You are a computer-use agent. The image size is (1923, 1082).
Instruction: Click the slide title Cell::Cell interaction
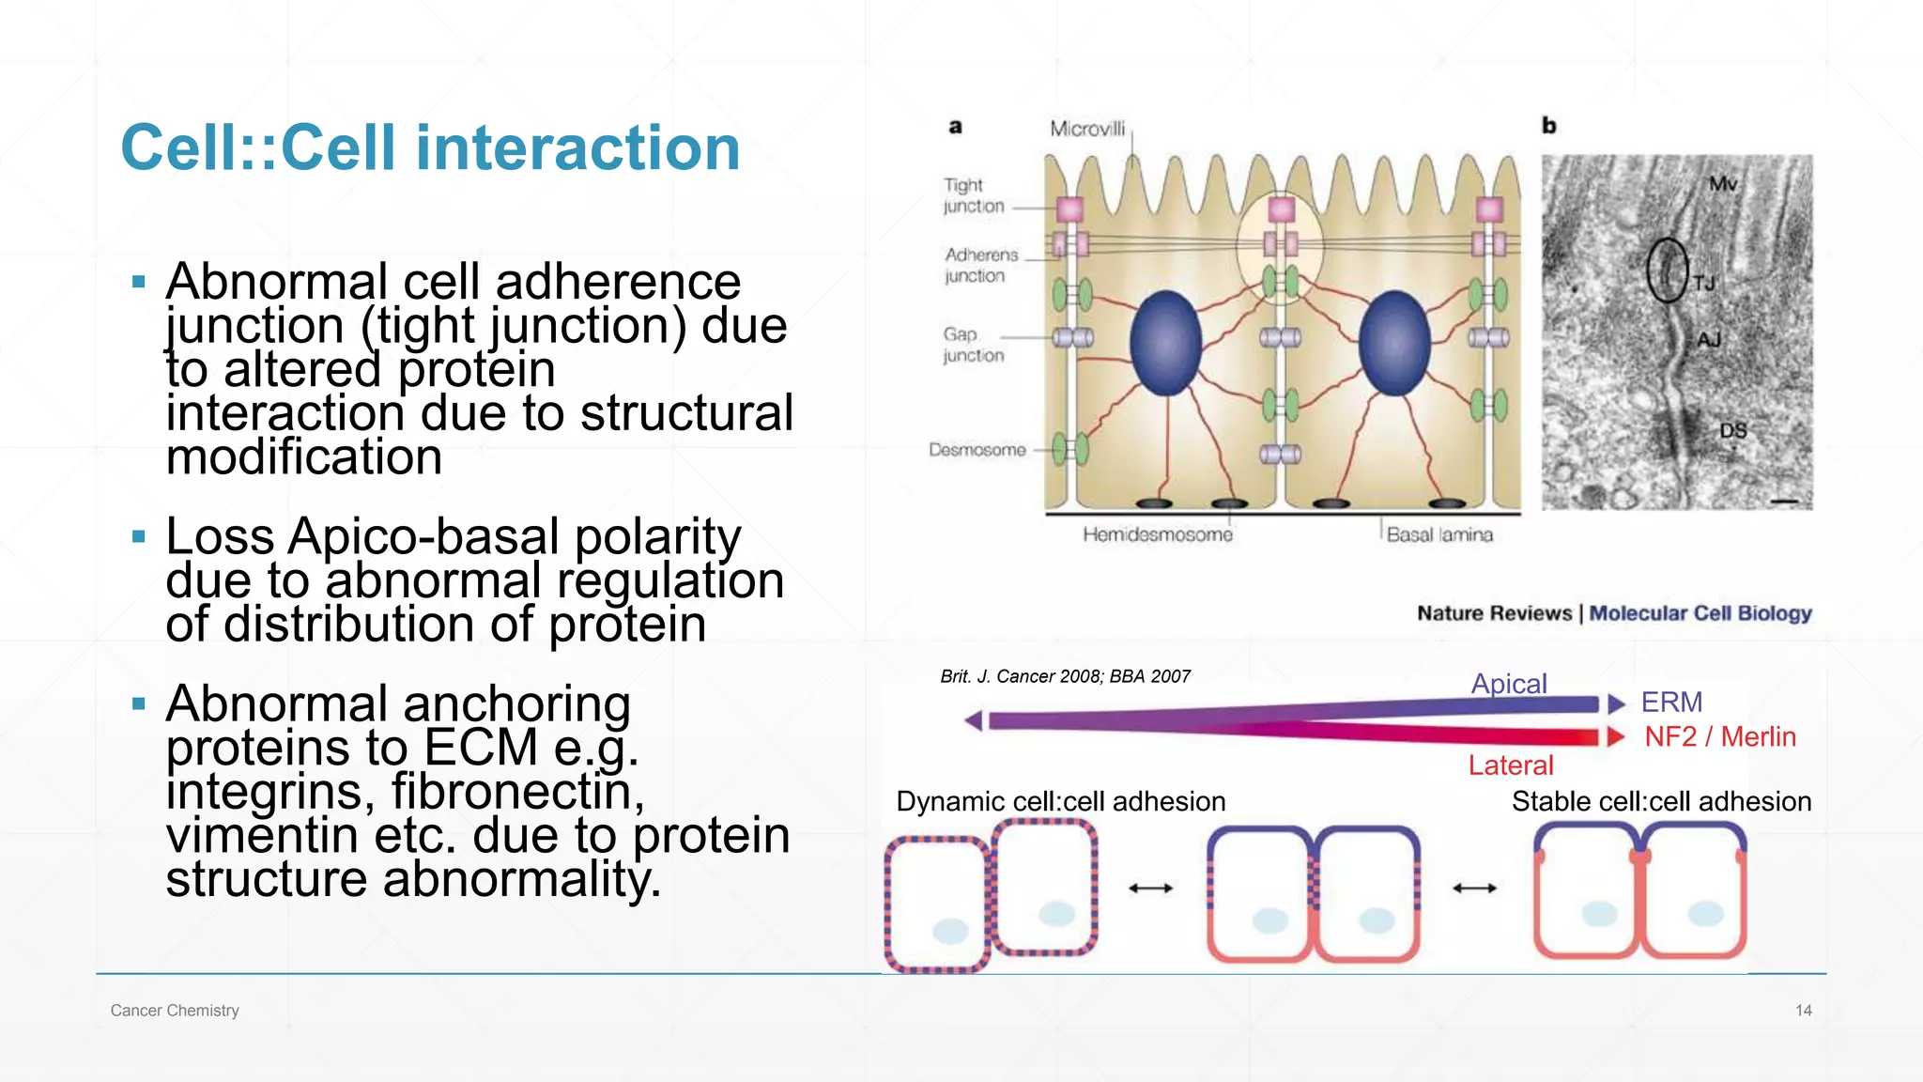coord(430,148)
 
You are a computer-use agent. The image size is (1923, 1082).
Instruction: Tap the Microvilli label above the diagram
coord(1086,129)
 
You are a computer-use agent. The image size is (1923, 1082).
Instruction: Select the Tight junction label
coord(973,195)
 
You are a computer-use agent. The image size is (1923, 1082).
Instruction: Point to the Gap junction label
coord(973,345)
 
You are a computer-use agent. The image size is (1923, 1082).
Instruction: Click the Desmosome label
coord(977,450)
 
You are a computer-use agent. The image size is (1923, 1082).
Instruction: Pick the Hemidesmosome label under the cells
coord(1157,534)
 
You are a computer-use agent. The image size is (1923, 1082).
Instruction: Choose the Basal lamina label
coord(1438,534)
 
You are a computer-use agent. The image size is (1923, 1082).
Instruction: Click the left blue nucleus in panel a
coord(1165,343)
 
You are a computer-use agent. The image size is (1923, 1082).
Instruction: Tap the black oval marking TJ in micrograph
coord(1667,270)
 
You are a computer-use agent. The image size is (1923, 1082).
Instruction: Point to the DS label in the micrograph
coord(1732,430)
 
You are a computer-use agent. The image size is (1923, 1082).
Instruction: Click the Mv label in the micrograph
coord(1722,184)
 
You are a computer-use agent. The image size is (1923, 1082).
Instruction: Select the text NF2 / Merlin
coord(1719,736)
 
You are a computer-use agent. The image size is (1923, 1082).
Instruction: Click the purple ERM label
coord(1671,702)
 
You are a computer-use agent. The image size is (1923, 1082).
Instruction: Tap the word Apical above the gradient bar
coord(1508,684)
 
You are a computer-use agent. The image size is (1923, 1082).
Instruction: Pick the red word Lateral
coord(1510,765)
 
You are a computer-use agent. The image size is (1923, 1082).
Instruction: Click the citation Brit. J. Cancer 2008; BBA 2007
coord(1065,676)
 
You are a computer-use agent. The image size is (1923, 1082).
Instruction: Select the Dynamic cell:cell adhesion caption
coord(1060,801)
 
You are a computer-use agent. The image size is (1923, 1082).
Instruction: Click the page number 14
coord(1803,1011)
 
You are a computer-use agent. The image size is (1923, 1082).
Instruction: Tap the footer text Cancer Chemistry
coord(175,1011)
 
